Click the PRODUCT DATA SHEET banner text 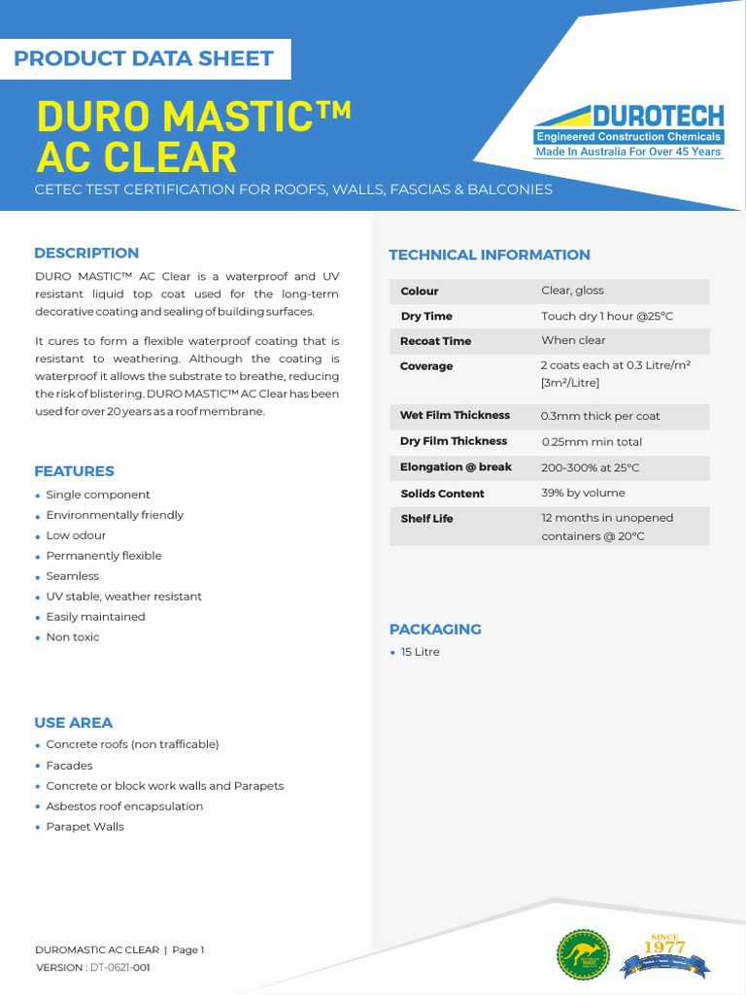(x=144, y=58)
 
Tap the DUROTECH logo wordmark (x=642, y=116)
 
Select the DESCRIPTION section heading (x=86, y=254)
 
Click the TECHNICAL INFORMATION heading (x=490, y=255)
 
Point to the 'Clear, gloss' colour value (x=572, y=291)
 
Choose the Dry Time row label (x=426, y=316)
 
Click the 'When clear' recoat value (x=573, y=341)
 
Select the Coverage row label (x=426, y=366)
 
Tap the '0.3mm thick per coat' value (x=600, y=416)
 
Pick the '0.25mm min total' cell (x=592, y=442)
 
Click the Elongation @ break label (x=456, y=467)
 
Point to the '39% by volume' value (x=583, y=494)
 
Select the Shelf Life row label (x=426, y=519)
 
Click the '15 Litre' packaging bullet (x=420, y=652)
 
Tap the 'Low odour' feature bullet (x=76, y=535)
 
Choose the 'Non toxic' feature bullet (x=73, y=637)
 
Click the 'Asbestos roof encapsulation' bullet (x=124, y=806)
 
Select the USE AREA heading (x=74, y=723)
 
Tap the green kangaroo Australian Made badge (x=583, y=954)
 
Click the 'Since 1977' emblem (x=665, y=953)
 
